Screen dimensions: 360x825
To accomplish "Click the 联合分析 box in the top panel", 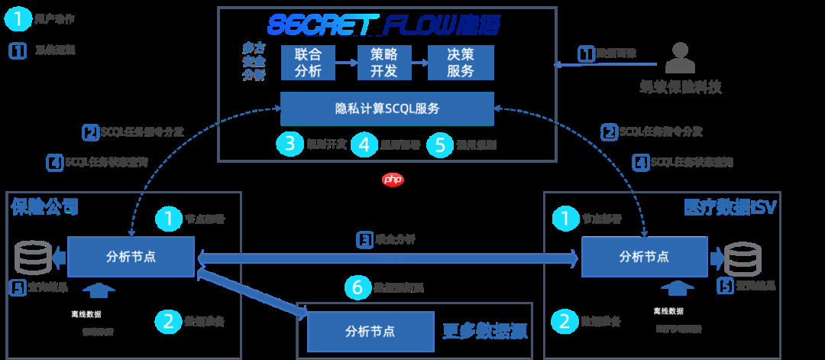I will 308,63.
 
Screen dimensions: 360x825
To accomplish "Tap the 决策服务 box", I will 460,63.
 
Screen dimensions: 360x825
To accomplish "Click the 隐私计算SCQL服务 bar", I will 387,109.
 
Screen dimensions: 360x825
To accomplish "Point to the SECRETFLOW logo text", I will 385,25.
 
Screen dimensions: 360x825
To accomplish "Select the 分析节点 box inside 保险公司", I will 131,257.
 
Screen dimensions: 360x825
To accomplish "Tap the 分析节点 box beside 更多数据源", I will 370,332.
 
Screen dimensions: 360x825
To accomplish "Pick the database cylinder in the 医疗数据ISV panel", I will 742,258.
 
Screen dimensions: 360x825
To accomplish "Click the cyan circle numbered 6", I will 357,287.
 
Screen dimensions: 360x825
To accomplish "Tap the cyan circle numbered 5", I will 440,144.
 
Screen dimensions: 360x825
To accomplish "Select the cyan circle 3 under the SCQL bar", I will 290,144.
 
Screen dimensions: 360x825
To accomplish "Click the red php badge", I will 392,180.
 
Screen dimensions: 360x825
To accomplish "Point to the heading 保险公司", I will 44,206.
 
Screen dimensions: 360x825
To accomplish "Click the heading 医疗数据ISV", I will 730,206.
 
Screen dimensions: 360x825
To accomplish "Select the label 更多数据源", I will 484,332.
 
